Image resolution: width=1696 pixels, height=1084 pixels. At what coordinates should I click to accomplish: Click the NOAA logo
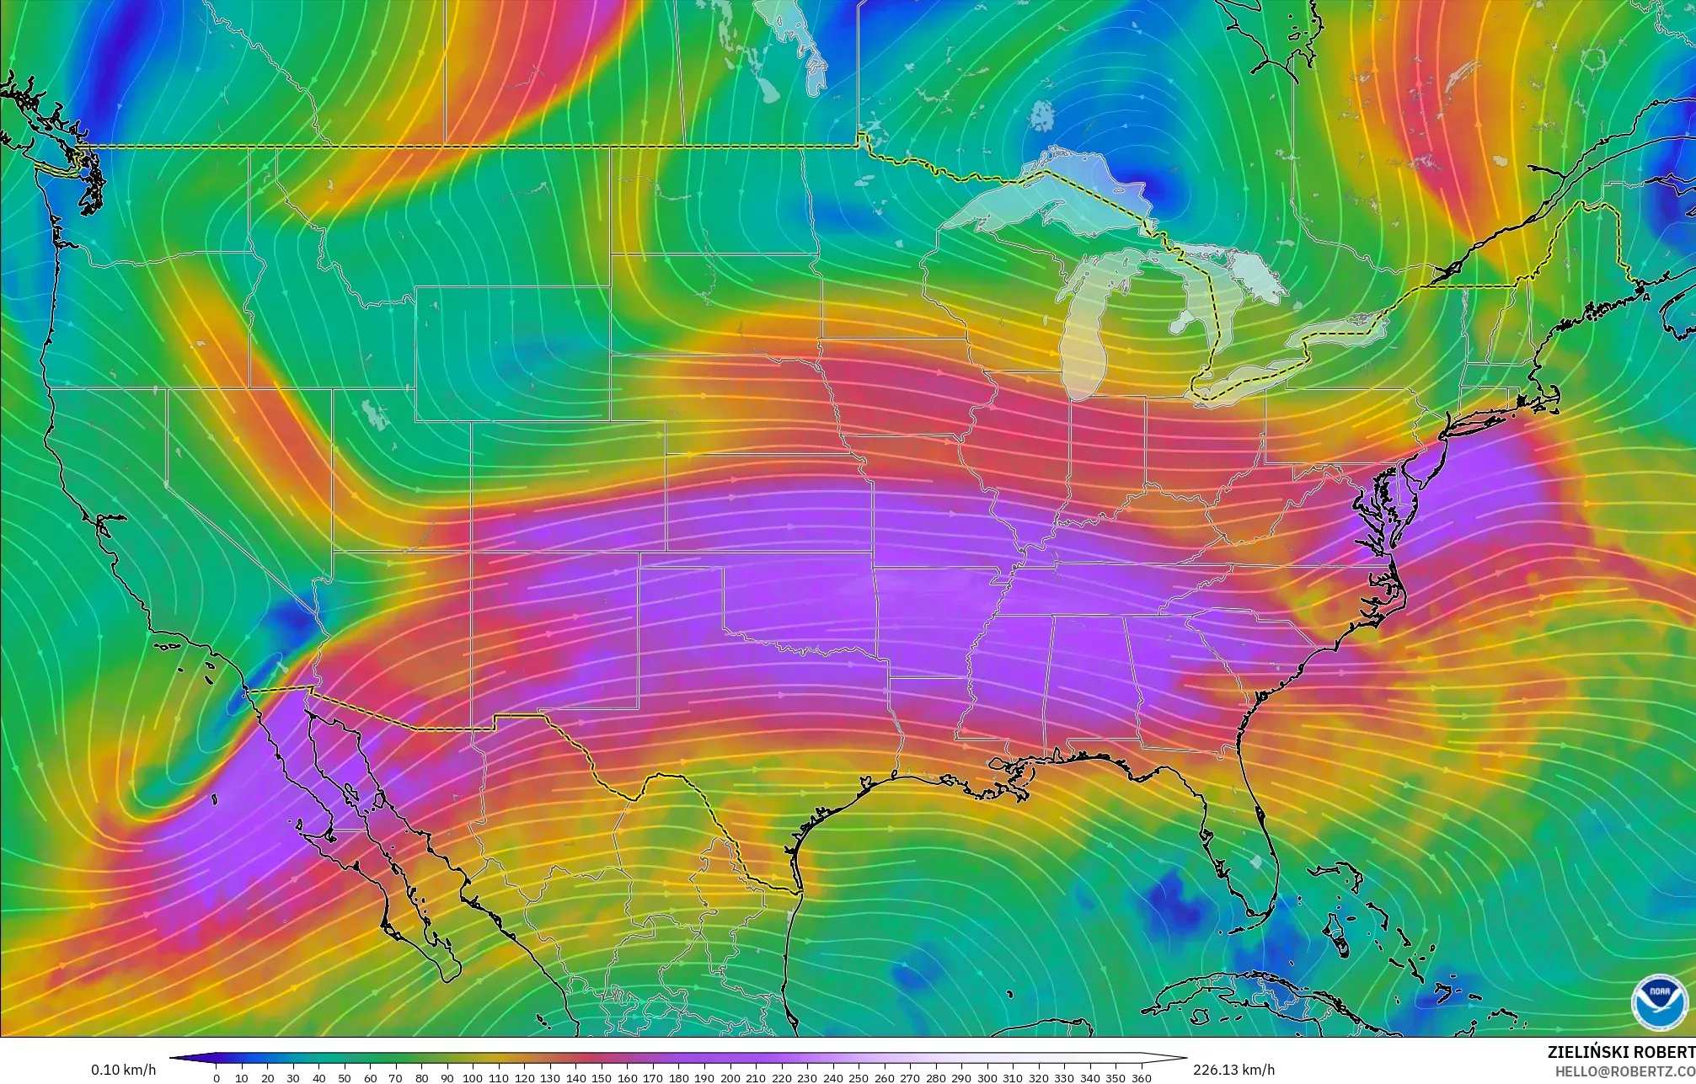click(x=1659, y=1001)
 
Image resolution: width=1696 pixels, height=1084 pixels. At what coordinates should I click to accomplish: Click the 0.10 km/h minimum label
click(x=123, y=1070)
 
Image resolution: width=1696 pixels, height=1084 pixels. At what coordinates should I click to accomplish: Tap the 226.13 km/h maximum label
click(x=1233, y=1070)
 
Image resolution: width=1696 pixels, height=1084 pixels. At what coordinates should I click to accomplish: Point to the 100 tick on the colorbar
click(x=473, y=1077)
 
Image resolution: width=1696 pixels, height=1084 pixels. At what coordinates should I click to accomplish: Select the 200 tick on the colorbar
click(x=730, y=1077)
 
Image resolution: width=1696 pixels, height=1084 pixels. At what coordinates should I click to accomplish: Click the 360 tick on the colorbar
click(x=1141, y=1077)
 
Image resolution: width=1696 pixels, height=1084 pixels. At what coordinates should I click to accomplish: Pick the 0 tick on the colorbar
click(x=217, y=1077)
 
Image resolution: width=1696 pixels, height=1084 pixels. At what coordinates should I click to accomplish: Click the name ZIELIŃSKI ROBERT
click(x=1620, y=1052)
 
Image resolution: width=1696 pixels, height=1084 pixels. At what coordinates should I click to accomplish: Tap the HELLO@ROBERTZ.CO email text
click(x=1624, y=1071)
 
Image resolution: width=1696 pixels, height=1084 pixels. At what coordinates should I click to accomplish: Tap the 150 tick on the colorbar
click(x=602, y=1077)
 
